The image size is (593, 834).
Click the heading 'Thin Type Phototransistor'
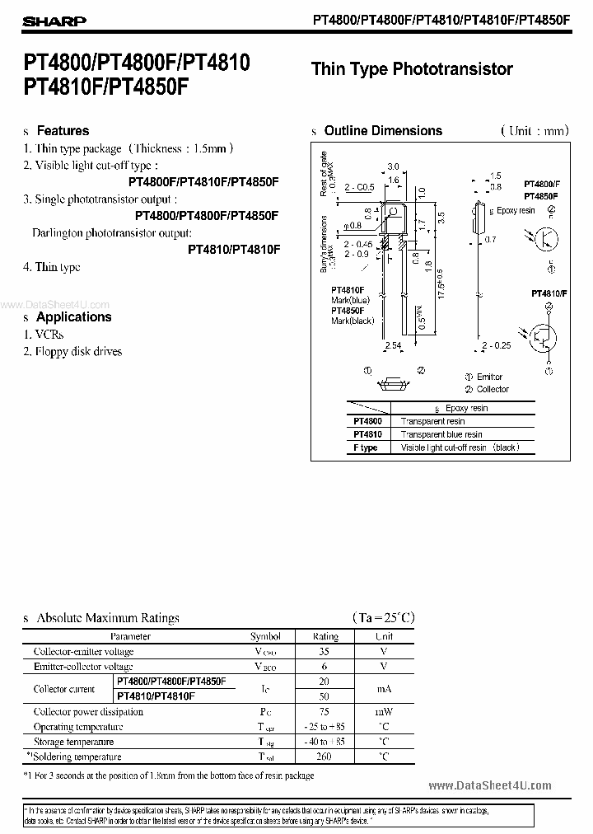click(x=412, y=69)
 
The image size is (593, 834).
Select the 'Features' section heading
click(x=63, y=131)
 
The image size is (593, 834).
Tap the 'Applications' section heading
click(x=73, y=317)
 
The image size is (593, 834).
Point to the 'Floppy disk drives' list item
click(x=78, y=352)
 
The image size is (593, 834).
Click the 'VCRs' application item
click(x=49, y=335)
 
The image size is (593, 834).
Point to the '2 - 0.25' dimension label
click(x=497, y=345)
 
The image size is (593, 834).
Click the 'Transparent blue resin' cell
click(x=441, y=434)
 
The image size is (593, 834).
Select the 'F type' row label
click(x=366, y=447)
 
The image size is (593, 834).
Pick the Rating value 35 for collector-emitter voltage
click(x=325, y=652)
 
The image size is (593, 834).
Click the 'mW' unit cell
click(x=385, y=712)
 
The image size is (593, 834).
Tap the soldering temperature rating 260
click(x=325, y=757)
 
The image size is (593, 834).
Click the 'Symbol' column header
click(x=265, y=636)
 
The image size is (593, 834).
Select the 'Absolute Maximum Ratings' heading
click(x=107, y=618)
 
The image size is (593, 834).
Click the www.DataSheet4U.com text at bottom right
click(x=490, y=785)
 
